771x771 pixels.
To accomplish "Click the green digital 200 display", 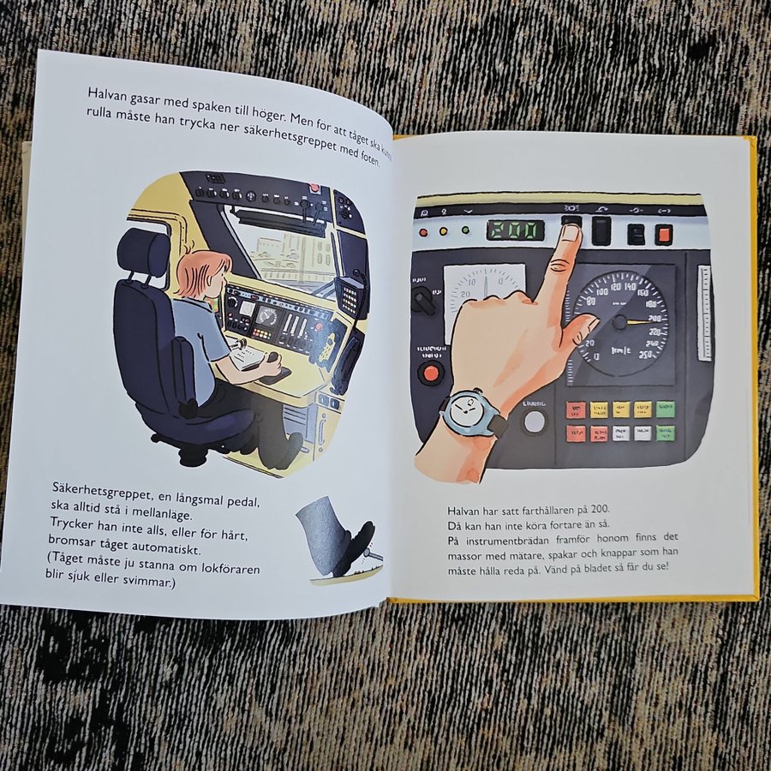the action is click(x=516, y=230).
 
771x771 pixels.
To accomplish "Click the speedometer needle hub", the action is click(x=619, y=323).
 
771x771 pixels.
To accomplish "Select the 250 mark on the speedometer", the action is click(x=645, y=355).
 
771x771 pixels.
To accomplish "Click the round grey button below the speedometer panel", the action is click(x=535, y=421).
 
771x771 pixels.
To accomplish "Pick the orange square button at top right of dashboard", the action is click(x=663, y=235).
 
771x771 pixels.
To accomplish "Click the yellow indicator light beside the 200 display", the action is click(x=444, y=230).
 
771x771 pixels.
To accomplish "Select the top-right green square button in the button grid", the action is click(x=666, y=409).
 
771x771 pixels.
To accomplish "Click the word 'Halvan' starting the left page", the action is click(x=108, y=93).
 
